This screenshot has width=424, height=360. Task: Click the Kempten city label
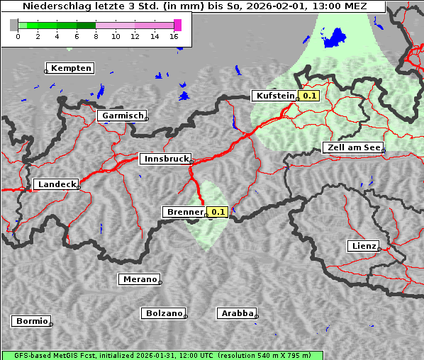pos(71,68)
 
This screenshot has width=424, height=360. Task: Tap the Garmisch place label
pos(122,116)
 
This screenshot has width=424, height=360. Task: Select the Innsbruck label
pos(164,159)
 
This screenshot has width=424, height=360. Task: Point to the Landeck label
pos(56,184)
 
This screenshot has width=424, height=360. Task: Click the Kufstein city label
pos(274,96)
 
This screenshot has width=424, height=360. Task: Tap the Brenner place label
pos(184,212)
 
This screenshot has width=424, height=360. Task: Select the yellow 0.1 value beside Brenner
pos(217,212)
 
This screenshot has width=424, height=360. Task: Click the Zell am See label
pos(352,147)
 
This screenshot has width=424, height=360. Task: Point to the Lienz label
pos(362,246)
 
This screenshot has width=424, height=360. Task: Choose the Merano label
pos(139,279)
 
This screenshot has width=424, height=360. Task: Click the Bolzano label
pos(164,313)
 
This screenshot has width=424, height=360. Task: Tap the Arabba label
pos(237,313)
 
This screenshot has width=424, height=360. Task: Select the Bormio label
pos(31,321)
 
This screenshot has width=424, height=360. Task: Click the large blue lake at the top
pos(334,37)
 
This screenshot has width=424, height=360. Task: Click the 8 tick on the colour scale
pos(95,36)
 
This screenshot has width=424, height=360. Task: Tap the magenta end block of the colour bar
pos(177,25)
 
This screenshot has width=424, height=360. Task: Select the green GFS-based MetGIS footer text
pos(162,355)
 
